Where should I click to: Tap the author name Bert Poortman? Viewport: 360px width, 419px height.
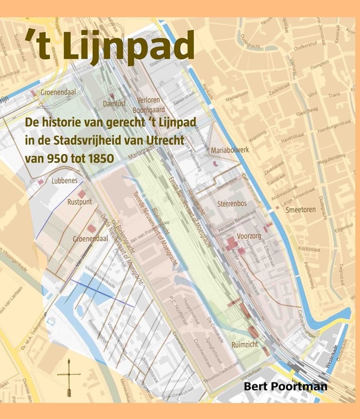[285, 386]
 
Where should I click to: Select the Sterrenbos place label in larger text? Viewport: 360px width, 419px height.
[232, 204]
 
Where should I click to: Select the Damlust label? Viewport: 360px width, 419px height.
[114, 103]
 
